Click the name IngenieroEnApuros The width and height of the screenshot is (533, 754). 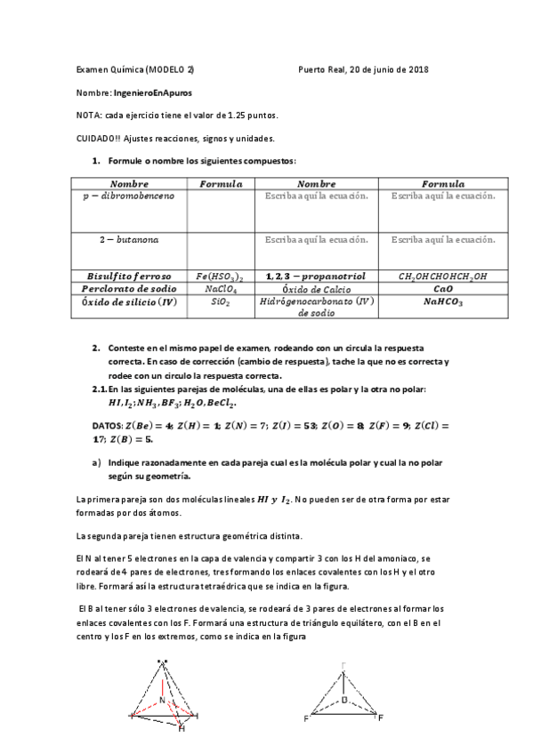[153, 92]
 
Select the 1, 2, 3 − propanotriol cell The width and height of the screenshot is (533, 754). [315, 277]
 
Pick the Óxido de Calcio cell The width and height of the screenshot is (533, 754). [315, 289]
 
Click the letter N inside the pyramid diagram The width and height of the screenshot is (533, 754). [163, 700]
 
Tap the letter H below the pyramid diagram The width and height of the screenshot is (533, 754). [182, 729]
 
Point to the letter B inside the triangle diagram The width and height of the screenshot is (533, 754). [345, 699]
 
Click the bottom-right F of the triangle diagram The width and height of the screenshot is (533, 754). [380, 717]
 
